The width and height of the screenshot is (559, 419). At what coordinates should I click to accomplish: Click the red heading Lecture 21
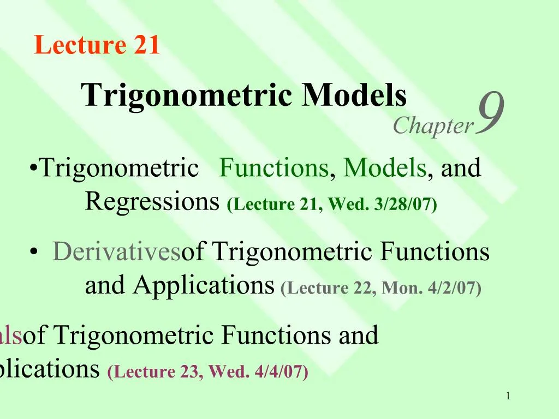pos(97,45)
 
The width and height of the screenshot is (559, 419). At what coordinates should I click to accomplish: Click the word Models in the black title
pos(355,95)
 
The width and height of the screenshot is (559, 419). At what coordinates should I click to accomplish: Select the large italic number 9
pos(489,113)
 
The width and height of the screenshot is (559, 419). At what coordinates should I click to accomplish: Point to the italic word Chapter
pos(433,126)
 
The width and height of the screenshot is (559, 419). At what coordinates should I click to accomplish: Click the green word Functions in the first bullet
pos(274,168)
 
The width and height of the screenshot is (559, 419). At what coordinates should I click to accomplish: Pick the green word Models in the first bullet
pos(385,168)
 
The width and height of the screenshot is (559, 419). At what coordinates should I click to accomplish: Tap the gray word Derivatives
pos(116,252)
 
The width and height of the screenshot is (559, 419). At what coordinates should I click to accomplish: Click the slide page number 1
pos(508,396)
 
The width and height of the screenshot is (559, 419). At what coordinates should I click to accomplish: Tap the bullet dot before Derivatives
pos(34,252)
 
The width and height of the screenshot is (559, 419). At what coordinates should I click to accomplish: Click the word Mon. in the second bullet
pos(403,288)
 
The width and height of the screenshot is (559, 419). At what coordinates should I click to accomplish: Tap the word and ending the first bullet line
pos(461,168)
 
